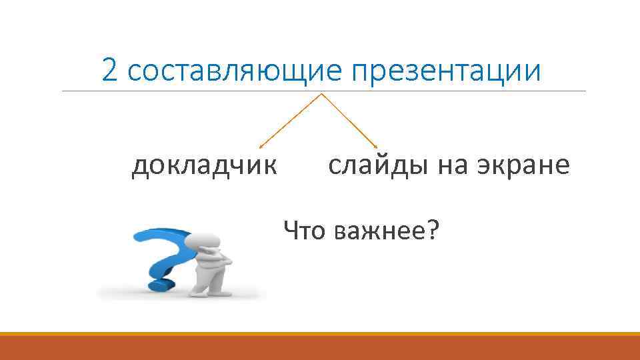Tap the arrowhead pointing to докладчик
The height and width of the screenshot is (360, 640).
coord(260,146)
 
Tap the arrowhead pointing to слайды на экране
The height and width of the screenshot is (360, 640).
coord(376,146)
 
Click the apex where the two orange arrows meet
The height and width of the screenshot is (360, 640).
coord(322,94)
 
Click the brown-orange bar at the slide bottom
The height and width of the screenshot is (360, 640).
coord(320,347)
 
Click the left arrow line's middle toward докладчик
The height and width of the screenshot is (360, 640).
coord(291,121)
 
